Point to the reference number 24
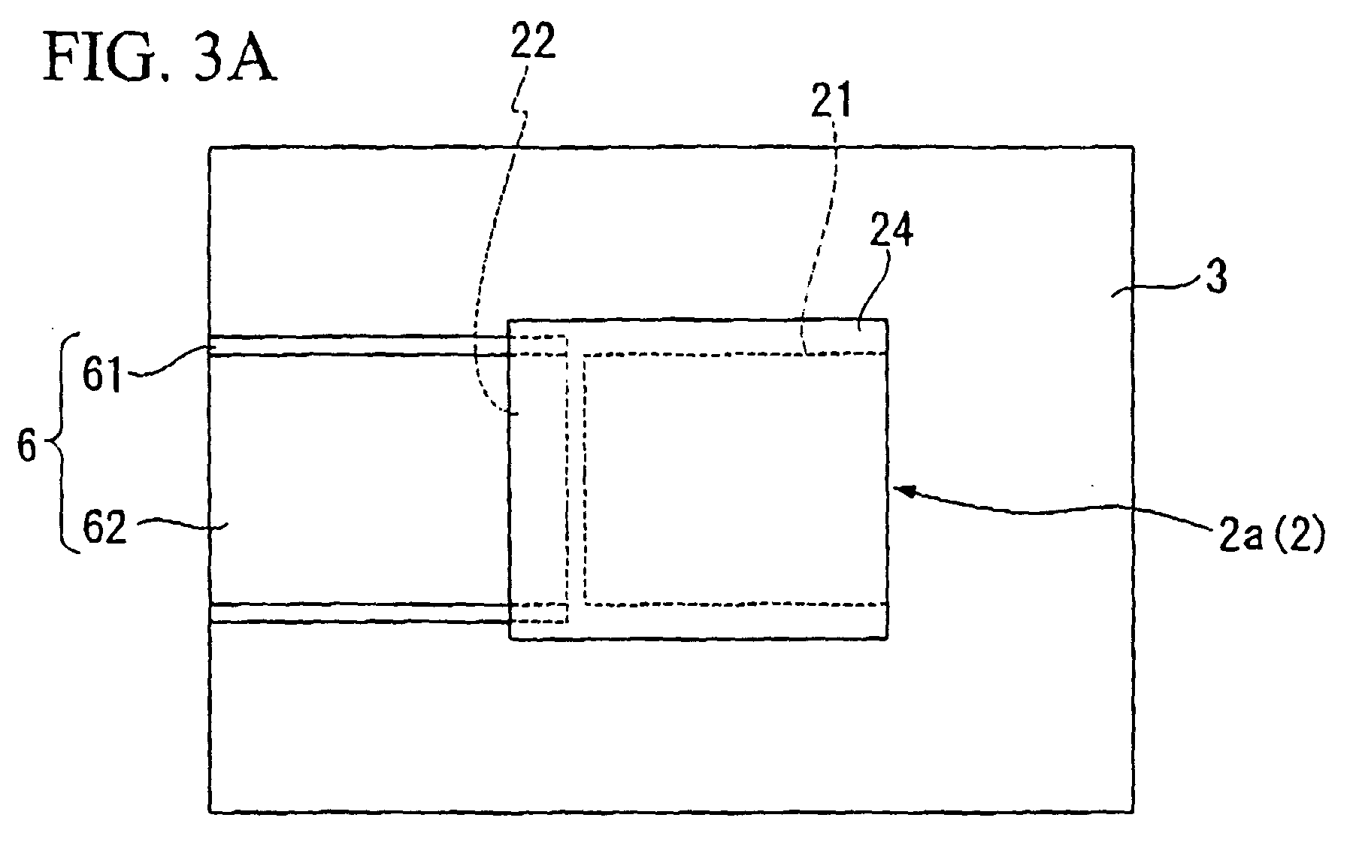coord(892,233)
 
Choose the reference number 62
coord(104,529)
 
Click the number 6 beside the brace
coord(27,448)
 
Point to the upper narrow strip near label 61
coord(359,345)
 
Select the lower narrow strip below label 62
coord(359,613)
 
